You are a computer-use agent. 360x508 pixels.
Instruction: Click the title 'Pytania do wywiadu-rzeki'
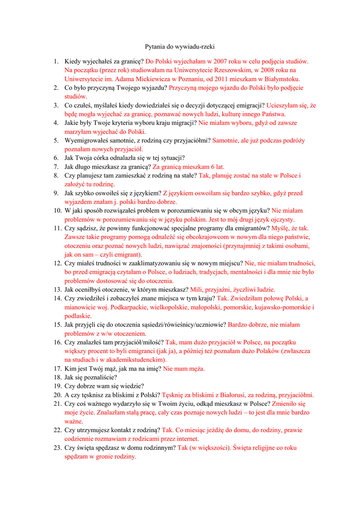pos(179,47)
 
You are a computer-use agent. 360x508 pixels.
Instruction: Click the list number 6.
pos(56,158)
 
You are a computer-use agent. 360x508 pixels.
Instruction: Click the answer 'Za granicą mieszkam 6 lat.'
pos(188,167)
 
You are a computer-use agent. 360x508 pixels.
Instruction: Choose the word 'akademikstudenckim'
pos(136,360)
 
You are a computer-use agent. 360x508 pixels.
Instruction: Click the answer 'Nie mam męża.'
pos(184,369)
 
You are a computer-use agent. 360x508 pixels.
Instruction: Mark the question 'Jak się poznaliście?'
pos(91,377)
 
